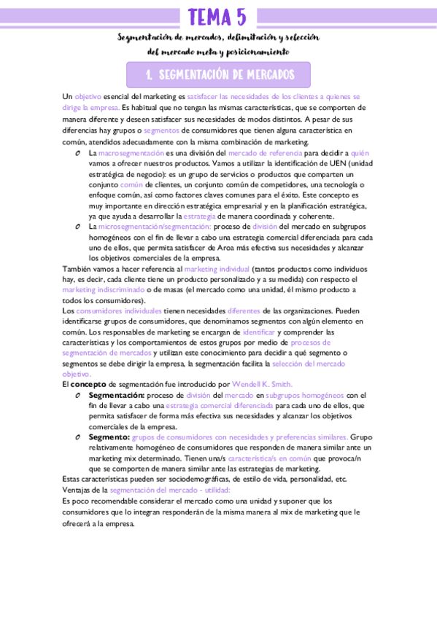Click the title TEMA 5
point(217,16)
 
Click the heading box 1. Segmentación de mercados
point(218,74)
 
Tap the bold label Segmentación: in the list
point(117,394)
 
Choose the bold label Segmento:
point(109,437)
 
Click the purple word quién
point(360,154)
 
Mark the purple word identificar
point(258,332)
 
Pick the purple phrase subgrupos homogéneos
point(304,394)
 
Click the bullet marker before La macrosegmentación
point(77,154)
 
